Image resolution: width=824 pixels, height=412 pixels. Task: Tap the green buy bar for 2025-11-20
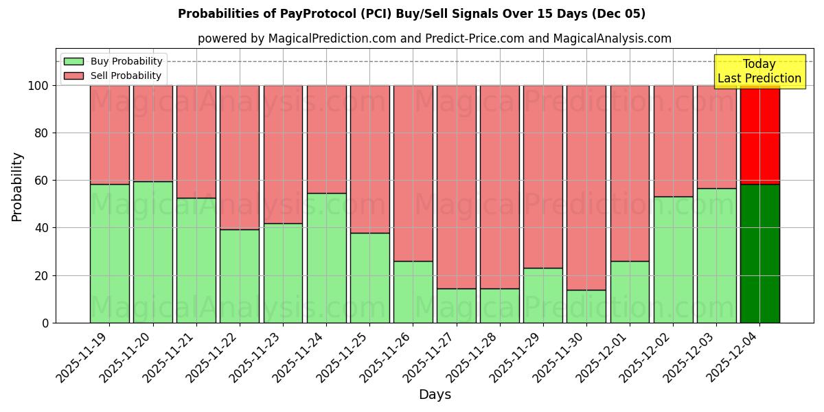[152, 252]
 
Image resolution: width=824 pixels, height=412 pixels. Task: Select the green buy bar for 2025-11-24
[326, 257]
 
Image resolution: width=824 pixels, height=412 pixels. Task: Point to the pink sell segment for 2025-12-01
[630, 173]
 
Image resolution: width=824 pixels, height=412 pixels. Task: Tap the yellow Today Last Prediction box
[759, 71]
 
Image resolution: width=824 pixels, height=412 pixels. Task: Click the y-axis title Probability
[18, 187]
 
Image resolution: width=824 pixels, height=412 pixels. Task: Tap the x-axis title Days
[435, 395]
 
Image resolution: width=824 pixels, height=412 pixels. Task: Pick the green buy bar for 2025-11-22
[239, 276]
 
